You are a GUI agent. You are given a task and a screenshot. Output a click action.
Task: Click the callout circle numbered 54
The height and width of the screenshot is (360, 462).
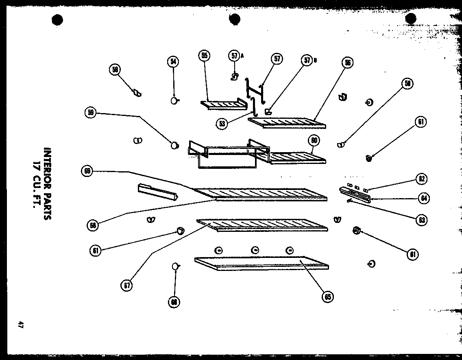tap(173, 61)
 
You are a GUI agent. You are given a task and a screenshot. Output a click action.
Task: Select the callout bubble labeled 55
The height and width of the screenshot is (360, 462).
tap(204, 55)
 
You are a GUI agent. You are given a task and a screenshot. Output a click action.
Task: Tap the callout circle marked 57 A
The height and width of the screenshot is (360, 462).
tap(235, 56)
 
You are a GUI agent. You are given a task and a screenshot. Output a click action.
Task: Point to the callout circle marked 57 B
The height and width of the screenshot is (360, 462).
tap(307, 60)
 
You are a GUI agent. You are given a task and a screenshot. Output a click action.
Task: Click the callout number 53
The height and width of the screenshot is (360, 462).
tap(222, 124)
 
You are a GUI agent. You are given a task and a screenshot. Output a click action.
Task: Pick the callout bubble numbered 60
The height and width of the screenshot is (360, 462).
tap(314, 141)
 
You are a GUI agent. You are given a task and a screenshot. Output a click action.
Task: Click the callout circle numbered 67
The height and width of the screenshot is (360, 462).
tap(127, 286)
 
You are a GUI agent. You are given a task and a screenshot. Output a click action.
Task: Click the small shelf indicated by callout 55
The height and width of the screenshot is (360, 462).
tap(224, 105)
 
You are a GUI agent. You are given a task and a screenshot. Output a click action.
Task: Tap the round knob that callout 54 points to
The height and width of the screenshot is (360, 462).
tap(174, 101)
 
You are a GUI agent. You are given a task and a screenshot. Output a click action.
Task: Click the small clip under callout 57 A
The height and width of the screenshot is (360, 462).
tap(234, 76)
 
